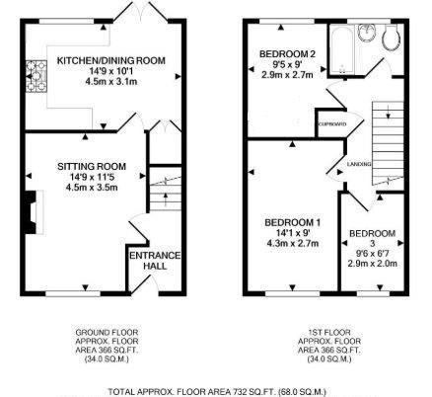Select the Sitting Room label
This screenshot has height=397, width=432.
coord(91,165)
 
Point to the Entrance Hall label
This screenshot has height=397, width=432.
coord(155,261)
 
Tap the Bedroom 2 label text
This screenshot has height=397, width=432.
coord(287,53)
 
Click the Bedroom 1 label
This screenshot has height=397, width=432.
coord(293,220)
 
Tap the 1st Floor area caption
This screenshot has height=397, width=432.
coord(326,346)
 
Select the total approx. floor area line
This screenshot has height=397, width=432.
coord(217,391)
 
